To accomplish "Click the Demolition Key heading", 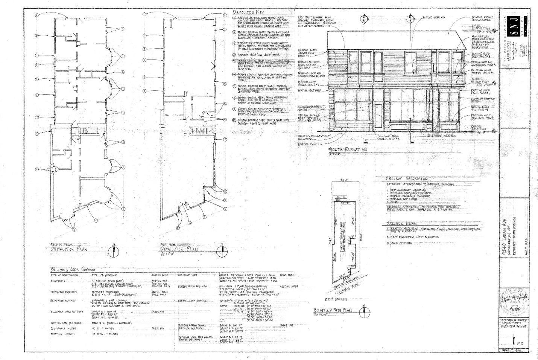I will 249,13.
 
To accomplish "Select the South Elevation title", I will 348,150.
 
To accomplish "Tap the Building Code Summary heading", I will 73,269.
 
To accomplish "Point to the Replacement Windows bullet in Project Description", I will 403,190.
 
